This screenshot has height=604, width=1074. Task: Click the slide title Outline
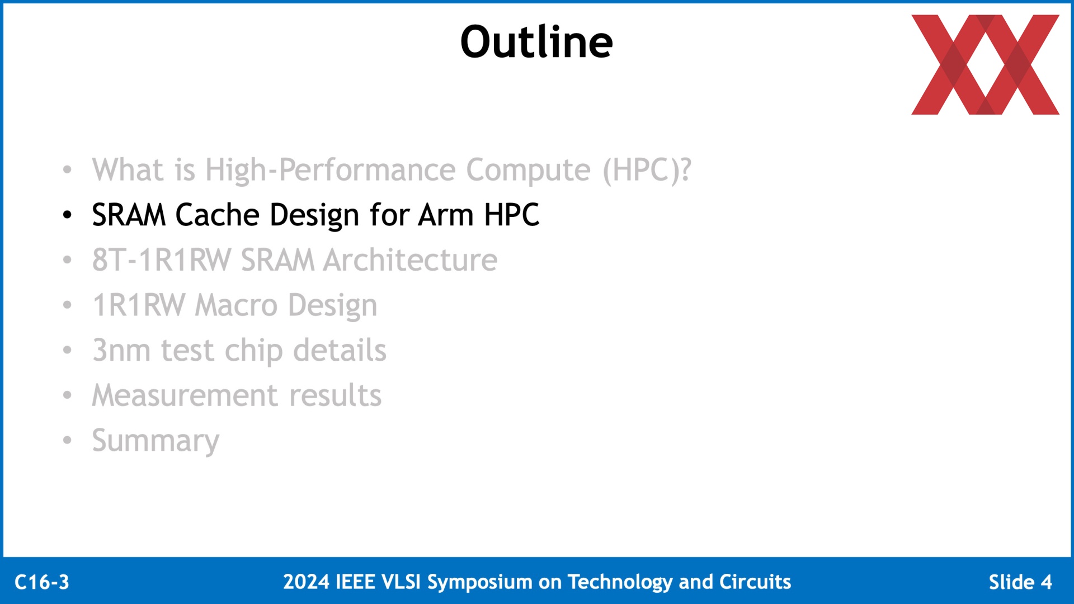[536, 42]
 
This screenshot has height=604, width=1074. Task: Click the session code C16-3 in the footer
[42, 582]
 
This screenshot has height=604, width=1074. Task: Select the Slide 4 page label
[1020, 582]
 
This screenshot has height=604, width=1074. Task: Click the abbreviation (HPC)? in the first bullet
[647, 170]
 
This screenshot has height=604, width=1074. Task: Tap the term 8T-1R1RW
[162, 261]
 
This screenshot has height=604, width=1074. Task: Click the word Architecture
[411, 261]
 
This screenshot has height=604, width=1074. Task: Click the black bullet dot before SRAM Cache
[67, 215]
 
